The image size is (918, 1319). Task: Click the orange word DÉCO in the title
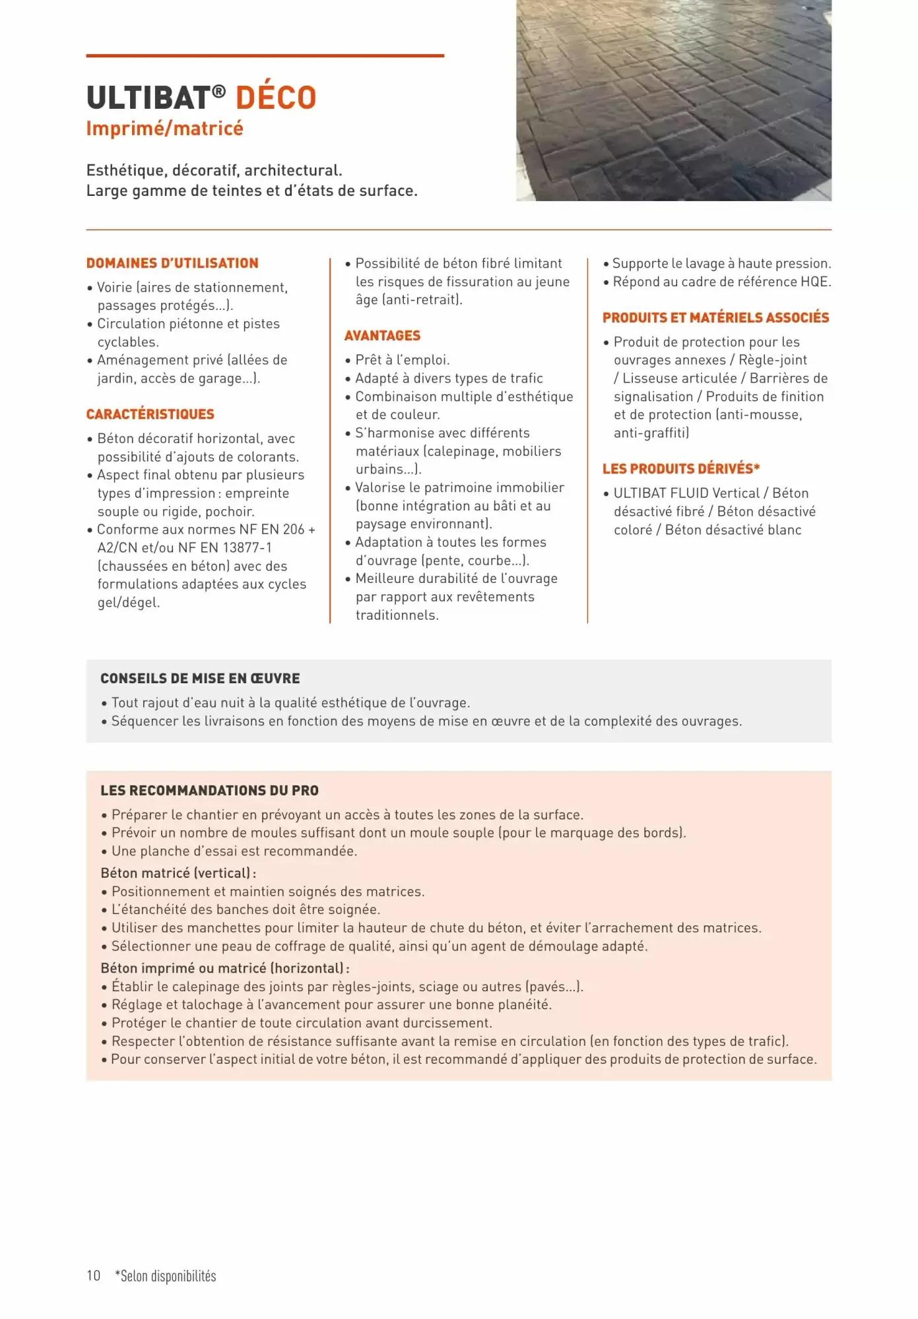click(x=276, y=98)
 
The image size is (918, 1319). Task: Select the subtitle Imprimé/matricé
click(x=164, y=128)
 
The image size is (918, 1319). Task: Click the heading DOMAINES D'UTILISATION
click(x=172, y=263)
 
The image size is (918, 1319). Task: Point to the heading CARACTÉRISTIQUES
click(x=150, y=414)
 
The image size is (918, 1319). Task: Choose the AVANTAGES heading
click(x=382, y=336)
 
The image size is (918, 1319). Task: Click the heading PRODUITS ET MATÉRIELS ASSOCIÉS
click(x=715, y=318)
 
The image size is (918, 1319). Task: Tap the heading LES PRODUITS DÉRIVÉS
click(x=680, y=469)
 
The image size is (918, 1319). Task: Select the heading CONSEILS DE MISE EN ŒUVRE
click(x=200, y=679)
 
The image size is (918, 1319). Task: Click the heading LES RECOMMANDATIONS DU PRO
click(x=209, y=791)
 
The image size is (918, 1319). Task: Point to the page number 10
click(x=93, y=1275)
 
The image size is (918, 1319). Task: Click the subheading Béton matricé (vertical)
click(x=178, y=873)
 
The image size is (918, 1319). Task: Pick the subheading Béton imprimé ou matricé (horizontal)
click(x=224, y=968)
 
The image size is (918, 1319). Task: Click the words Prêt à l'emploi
click(x=402, y=360)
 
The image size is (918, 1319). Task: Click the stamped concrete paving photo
click(x=673, y=100)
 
